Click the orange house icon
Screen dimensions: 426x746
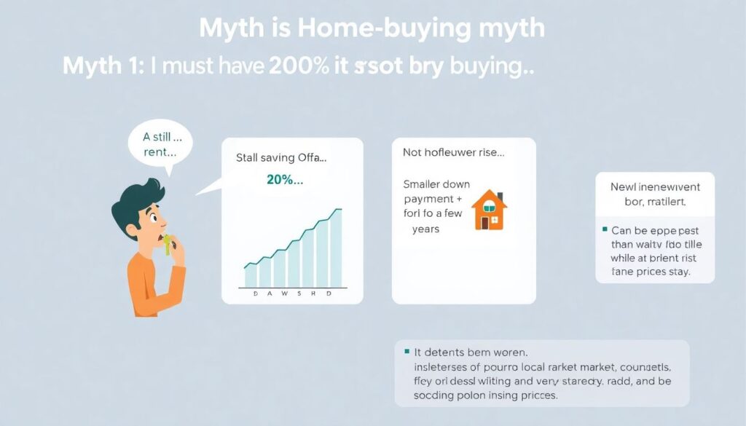(489, 210)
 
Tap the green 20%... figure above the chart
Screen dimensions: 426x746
(285, 180)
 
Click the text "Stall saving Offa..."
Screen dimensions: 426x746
(281, 157)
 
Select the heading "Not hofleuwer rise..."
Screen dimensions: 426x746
(454, 153)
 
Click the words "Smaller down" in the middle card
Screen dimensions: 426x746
(436, 184)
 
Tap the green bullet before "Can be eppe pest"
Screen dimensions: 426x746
(605, 229)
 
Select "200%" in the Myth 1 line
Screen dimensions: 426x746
(297, 66)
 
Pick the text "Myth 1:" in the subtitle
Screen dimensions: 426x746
(103, 66)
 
